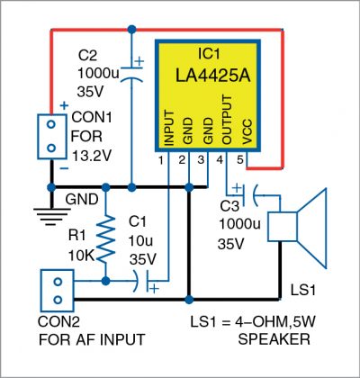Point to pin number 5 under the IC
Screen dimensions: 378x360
point(240,160)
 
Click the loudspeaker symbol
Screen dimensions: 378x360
point(298,221)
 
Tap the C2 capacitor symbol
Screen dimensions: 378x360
point(132,72)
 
